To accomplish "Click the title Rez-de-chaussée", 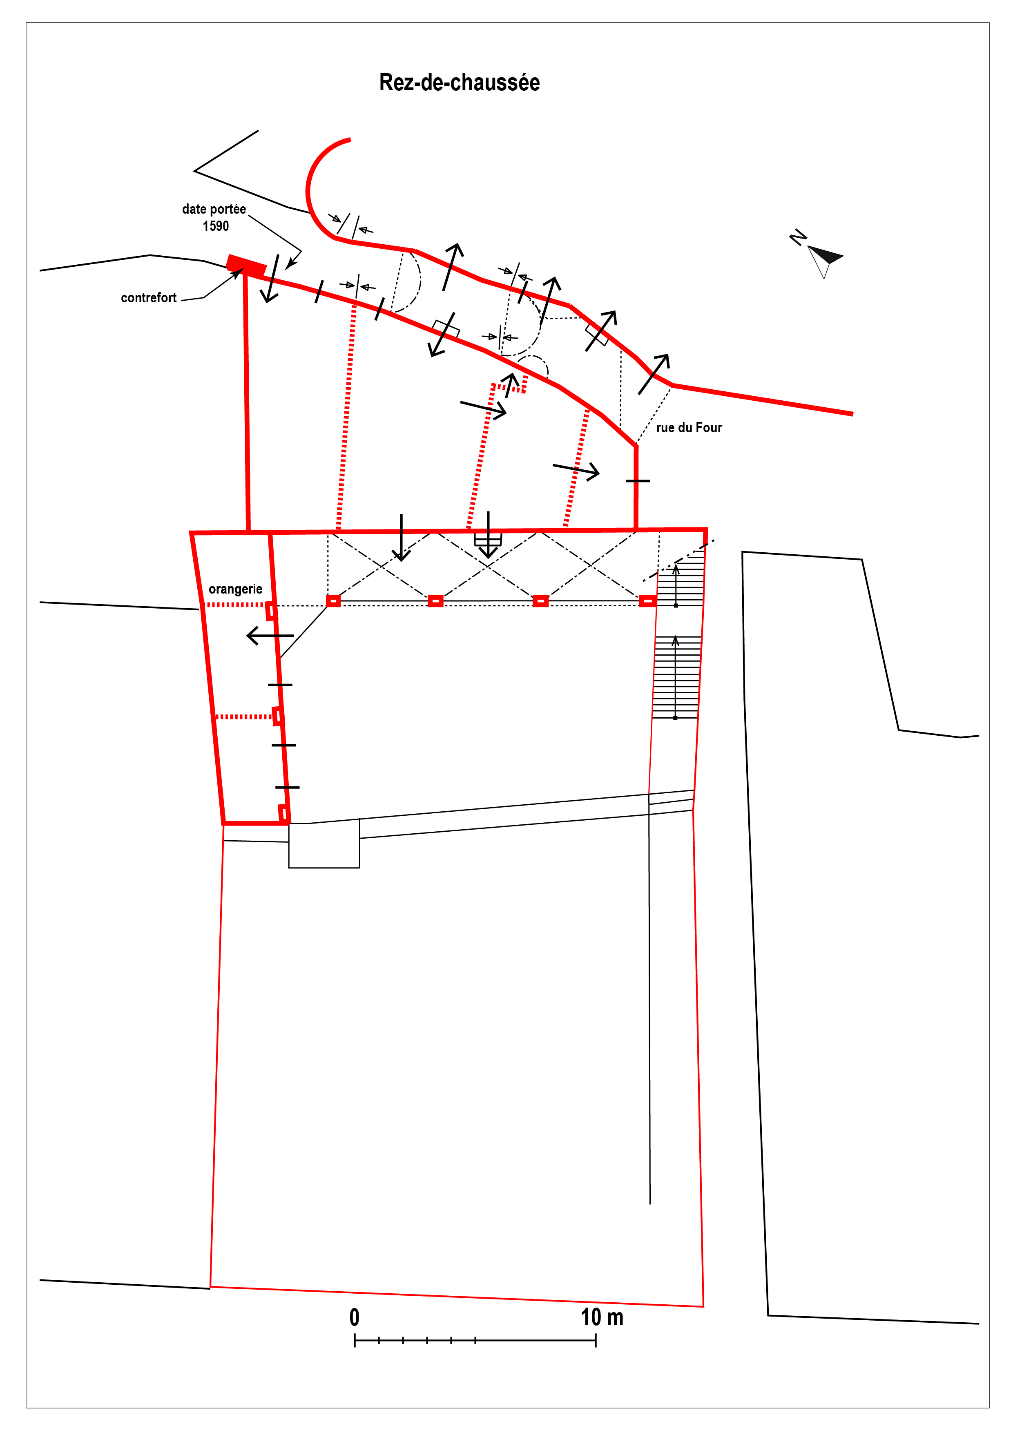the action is pyautogui.click(x=460, y=83).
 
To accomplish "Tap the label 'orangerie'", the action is pyautogui.click(x=235, y=589).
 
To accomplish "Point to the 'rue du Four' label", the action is pyautogui.click(x=689, y=428).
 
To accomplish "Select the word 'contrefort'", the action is pyautogui.click(x=149, y=298).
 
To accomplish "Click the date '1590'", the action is pyautogui.click(x=216, y=226).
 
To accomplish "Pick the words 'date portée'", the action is pyautogui.click(x=214, y=209).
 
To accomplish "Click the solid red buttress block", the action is pyautogui.click(x=246, y=265).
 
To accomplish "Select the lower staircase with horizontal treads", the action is pyautogui.click(x=676, y=677).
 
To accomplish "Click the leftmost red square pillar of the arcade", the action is pyautogui.click(x=333, y=601).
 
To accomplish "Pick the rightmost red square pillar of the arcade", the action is pyautogui.click(x=648, y=601).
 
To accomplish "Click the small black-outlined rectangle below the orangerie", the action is pyautogui.click(x=324, y=845).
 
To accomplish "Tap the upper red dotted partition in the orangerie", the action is pyautogui.click(x=235, y=605).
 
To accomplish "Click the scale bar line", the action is pyautogui.click(x=475, y=1340).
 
